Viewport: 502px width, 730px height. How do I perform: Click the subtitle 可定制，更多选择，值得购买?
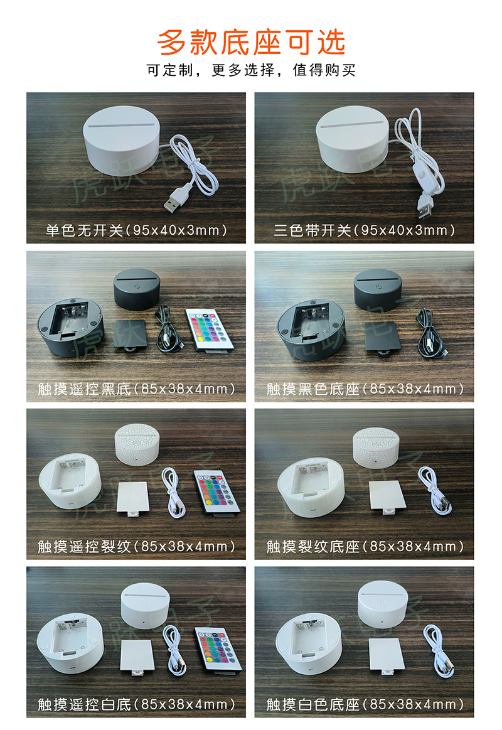(x=251, y=70)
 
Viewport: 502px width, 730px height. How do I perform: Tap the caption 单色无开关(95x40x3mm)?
(x=136, y=230)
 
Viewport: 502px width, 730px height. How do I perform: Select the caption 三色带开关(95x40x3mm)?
(x=365, y=230)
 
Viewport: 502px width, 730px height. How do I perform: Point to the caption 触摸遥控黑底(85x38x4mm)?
(x=136, y=389)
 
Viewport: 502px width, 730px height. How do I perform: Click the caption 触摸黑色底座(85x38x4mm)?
(x=365, y=389)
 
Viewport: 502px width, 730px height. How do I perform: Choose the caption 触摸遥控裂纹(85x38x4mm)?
(x=136, y=546)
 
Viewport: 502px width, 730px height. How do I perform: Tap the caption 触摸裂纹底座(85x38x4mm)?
(x=365, y=546)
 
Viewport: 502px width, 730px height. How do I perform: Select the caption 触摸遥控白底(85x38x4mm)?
(x=136, y=704)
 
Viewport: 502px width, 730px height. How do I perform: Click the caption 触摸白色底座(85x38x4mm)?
(x=365, y=704)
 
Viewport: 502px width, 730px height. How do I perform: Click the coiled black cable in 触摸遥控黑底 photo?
(x=168, y=326)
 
